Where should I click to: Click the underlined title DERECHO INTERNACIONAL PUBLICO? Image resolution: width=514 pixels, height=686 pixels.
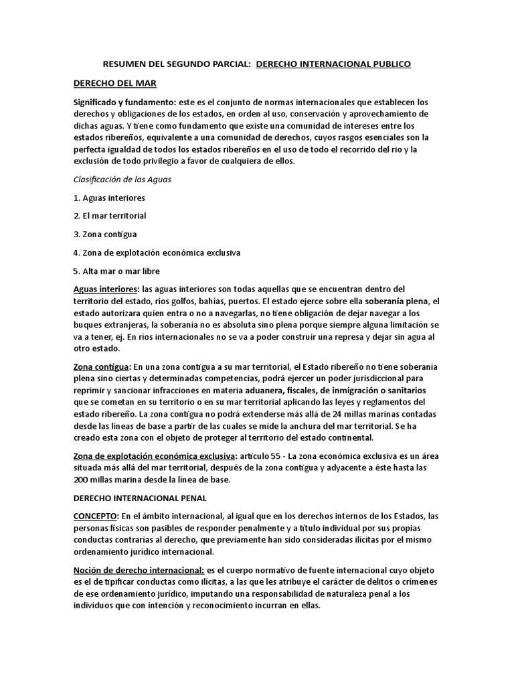coord(334,64)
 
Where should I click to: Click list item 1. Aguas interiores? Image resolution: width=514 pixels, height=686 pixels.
coord(109,198)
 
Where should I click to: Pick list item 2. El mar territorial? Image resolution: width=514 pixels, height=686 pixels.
coord(110,216)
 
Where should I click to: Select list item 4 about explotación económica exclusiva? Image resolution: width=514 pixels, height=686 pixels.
coord(156,253)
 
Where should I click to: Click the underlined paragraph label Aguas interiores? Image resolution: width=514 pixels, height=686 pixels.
coord(105,289)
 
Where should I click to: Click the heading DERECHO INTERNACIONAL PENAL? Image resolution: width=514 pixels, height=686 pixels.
coord(141,498)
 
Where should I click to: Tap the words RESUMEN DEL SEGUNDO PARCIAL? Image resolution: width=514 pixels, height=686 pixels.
coord(176,64)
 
